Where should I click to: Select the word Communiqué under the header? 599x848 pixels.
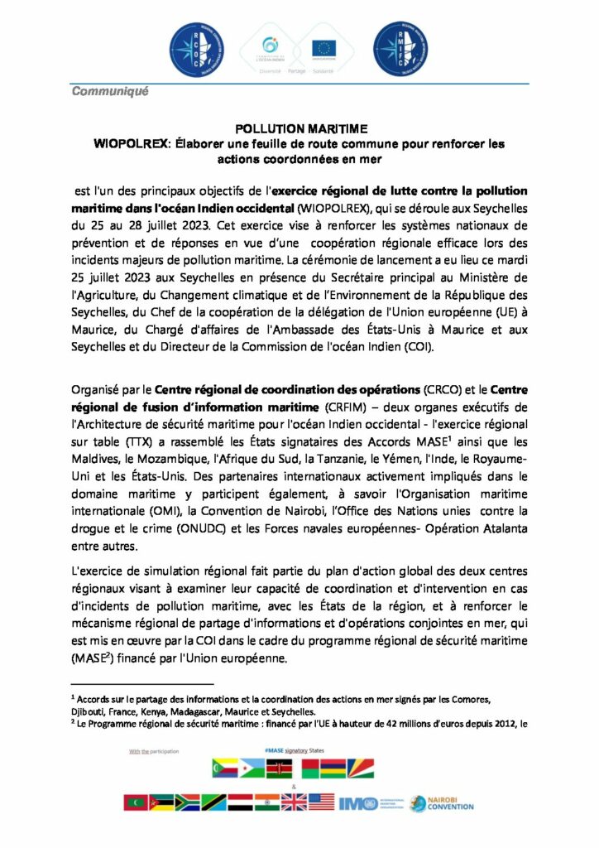pos(110,91)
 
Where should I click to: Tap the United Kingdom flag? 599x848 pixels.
pos(293,802)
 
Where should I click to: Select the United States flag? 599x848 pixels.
pos(321,802)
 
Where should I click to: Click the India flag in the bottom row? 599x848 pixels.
pos(265,802)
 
